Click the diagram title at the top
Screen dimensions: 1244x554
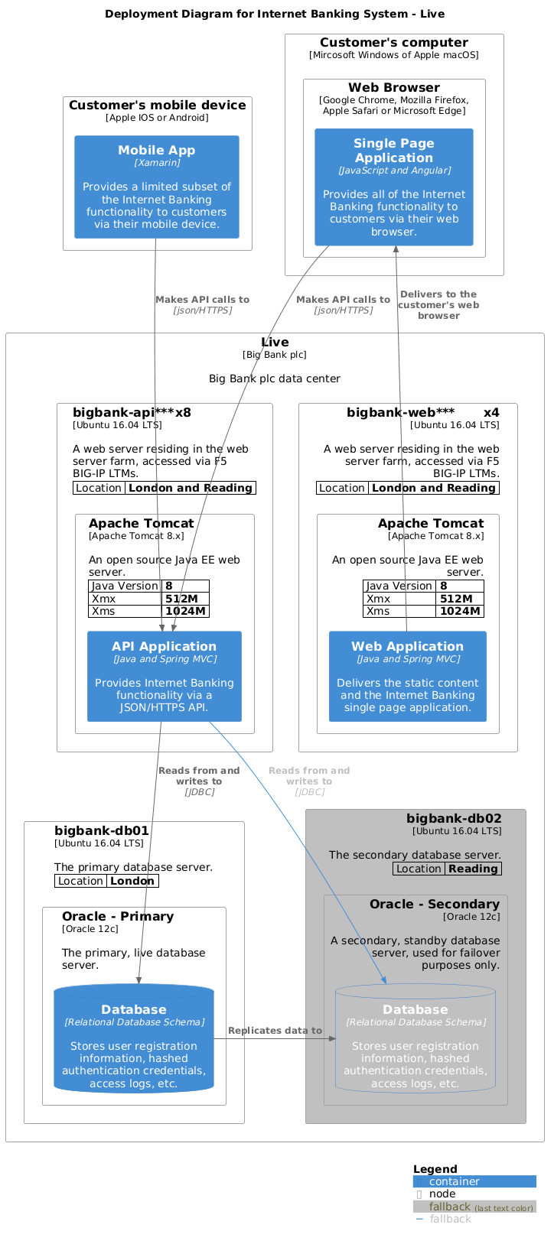[x=275, y=14]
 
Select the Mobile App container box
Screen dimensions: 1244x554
[x=157, y=187]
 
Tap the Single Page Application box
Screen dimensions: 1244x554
[x=394, y=187]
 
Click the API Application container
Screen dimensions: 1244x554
[x=165, y=676]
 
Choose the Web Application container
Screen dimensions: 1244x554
[x=407, y=676]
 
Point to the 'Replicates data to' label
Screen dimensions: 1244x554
[x=275, y=1031]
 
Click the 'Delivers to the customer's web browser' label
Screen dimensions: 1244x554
[x=438, y=304]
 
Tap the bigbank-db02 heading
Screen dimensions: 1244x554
[x=454, y=818]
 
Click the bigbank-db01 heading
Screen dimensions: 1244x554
[x=102, y=830]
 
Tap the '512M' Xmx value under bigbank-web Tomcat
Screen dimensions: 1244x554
[x=459, y=599]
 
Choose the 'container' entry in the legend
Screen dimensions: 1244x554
[x=455, y=1181]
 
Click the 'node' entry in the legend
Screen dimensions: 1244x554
[x=442, y=1194]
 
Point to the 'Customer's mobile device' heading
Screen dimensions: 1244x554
[x=158, y=105]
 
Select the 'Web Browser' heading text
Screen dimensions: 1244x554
[x=394, y=87]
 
